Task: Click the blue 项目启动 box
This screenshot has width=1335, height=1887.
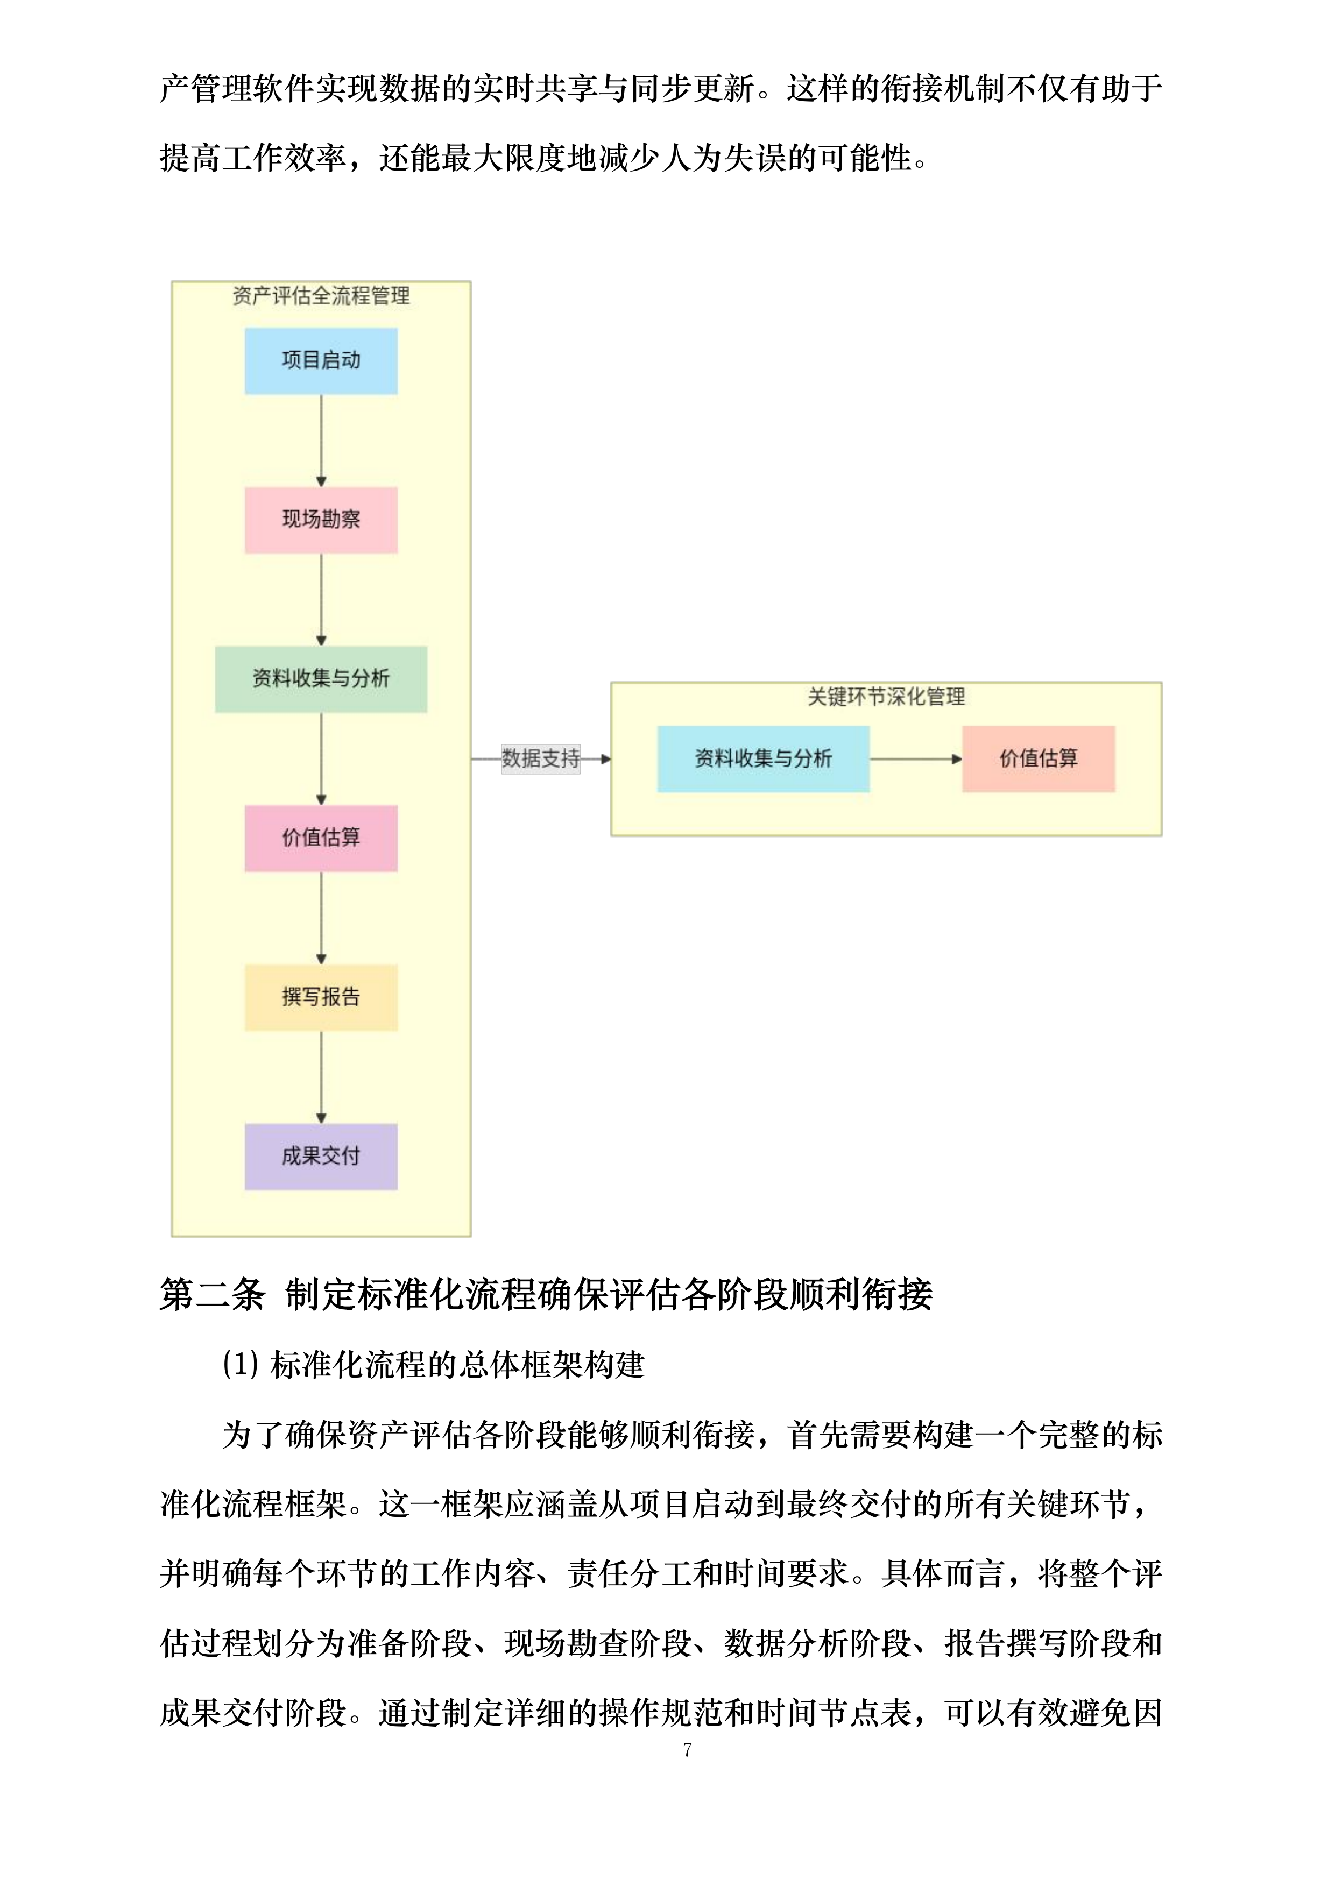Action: click(321, 361)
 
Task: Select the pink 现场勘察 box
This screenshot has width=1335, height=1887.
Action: click(321, 520)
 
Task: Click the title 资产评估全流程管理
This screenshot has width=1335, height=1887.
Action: click(321, 296)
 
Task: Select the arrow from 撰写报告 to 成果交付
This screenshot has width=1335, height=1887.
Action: click(321, 1077)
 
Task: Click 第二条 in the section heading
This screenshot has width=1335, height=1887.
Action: click(212, 1294)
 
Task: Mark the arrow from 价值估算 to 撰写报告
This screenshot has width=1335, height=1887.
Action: click(321, 917)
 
